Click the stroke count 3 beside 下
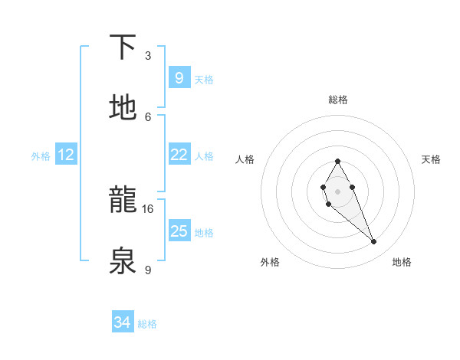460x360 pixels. point(148,56)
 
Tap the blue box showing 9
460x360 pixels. point(179,78)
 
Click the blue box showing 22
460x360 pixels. point(179,155)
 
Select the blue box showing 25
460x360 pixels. point(179,231)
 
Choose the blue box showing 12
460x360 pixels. point(66,155)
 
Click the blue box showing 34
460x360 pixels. point(122,322)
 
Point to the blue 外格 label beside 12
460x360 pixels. point(41,156)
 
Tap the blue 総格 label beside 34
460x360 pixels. point(147,324)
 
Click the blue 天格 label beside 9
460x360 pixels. point(204,80)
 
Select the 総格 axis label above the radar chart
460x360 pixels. point(338,100)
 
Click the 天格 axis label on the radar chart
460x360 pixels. point(432,159)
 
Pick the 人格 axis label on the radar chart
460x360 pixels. point(245,159)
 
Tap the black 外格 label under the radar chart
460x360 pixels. point(270,262)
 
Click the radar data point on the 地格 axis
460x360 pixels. point(374,242)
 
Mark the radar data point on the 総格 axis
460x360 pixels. point(337,161)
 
